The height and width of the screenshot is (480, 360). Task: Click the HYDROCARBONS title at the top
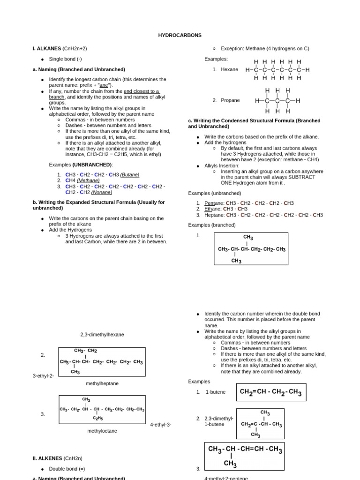[x=180, y=35]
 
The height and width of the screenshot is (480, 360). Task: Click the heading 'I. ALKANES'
[x=47, y=48]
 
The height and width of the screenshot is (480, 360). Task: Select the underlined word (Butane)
[x=130, y=174]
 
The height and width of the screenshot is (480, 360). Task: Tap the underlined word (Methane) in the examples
[x=88, y=180]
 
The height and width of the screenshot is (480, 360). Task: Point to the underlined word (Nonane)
[x=101, y=192]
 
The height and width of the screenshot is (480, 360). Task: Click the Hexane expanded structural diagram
[x=277, y=70]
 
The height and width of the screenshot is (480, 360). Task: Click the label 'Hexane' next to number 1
[x=229, y=69]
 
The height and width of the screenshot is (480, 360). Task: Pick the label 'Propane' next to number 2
[x=230, y=100]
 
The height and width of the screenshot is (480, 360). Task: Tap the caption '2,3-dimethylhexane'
[x=102, y=335]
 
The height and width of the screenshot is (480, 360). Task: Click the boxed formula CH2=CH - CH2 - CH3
[x=271, y=392]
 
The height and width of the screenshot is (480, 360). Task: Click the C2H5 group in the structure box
[x=97, y=418]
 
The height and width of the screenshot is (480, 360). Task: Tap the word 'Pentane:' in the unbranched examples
[x=214, y=203]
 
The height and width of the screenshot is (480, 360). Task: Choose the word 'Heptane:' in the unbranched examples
[x=215, y=215]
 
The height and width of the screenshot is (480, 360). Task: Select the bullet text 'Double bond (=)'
[x=67, y=469]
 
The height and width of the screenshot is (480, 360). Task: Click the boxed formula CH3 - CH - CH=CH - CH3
[x=245, y=456]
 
